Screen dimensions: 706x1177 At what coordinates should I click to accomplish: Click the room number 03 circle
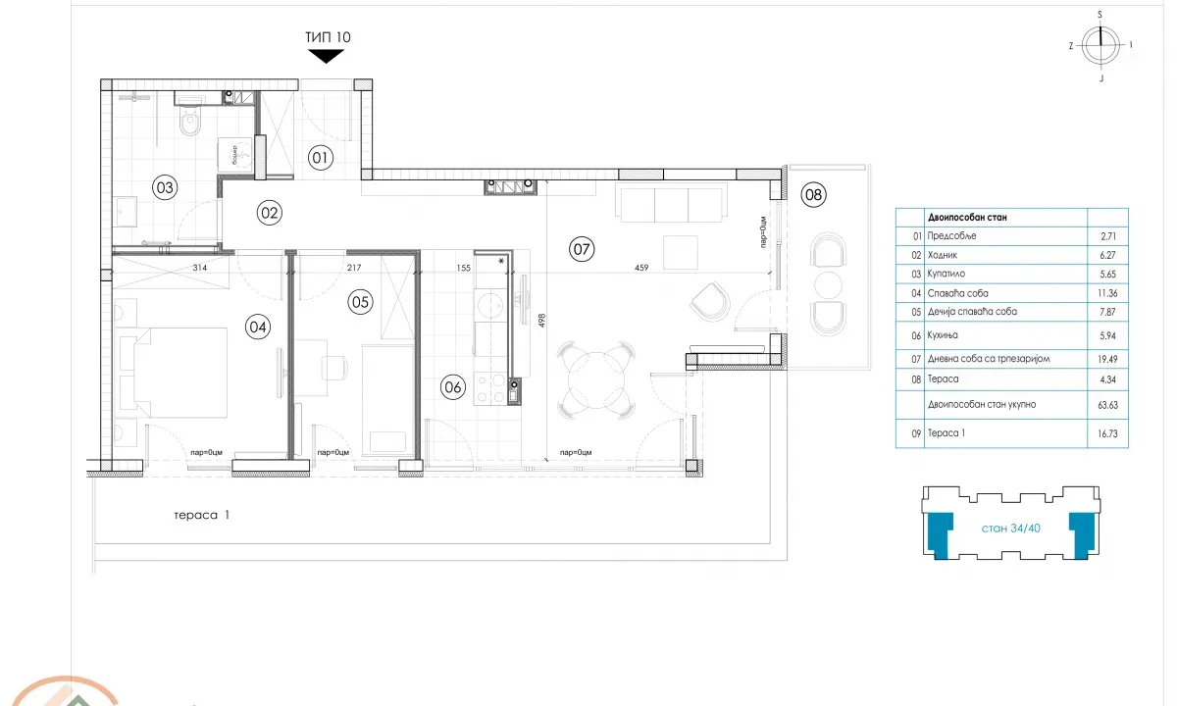(165, 186)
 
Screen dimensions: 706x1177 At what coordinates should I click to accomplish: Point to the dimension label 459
(640, 268)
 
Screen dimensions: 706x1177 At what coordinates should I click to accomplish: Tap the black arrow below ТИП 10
(327, 56)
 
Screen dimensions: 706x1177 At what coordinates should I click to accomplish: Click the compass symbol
(1100, 44)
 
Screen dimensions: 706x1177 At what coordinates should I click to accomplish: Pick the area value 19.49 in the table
(1106, 359)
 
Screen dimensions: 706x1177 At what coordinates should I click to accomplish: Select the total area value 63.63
(1106, 404)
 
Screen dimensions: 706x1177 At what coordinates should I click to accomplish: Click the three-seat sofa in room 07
(671, 205)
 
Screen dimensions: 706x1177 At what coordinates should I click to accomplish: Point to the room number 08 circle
(813, 195)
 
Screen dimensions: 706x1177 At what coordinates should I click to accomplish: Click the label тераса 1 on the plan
(200, 514)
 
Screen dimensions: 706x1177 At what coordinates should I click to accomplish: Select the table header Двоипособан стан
(965, 218)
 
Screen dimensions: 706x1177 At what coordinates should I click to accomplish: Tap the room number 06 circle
(452, 386)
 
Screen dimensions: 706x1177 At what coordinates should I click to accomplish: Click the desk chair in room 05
(334, 367)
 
